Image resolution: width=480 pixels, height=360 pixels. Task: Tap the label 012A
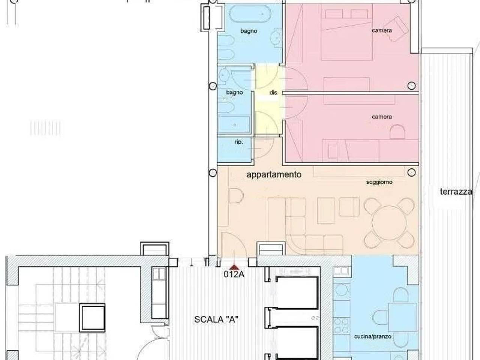[x=234, y=274]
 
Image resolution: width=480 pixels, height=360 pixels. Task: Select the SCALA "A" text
[x=216, y=319]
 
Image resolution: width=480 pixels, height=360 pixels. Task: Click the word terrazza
[x=456, y=192]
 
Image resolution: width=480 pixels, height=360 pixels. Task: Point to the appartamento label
[x=274, y=174]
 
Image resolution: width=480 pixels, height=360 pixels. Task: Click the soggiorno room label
[x=379, y=182]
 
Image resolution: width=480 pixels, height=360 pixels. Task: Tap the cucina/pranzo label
[x=372, y=336]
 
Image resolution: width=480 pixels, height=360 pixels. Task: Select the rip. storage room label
[x=238, y=142]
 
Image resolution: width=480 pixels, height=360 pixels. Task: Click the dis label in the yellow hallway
[x=273, y=92]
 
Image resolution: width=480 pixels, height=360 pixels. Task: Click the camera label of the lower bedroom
[x=382, y=117]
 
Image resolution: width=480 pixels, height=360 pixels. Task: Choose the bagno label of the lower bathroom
[x=234, y=92]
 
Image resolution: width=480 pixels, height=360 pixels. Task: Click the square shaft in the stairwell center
[x=92, y=318]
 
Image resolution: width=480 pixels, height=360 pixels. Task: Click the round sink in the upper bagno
[x=277, y=37]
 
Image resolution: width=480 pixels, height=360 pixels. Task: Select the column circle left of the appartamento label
[x=213, y=172]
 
